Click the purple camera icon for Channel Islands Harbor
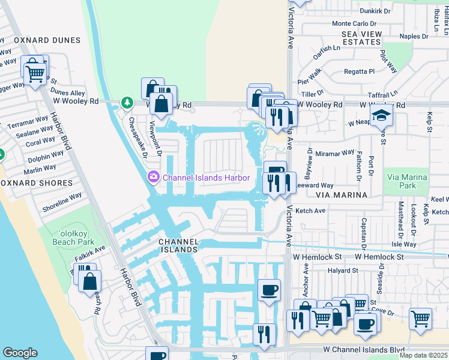[152, 177]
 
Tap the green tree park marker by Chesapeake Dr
[127, 103]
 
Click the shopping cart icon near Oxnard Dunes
[35, 73]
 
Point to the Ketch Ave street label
[310, 211]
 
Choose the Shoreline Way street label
[62, 203]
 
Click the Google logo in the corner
[20, 353]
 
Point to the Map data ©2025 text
[423, 355]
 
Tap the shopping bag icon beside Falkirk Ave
[89, 281]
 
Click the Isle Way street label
[403, 244]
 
